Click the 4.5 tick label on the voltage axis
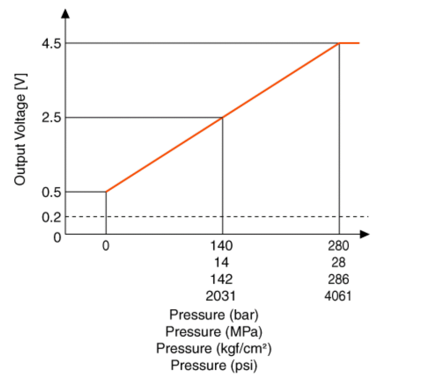[x=51, y=44]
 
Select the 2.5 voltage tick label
[x=51, y=118]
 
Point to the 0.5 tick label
[x=51, y=192]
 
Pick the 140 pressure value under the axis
[x=222, y=246]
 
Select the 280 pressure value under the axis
[x=339, y=246]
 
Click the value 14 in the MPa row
[x=222, y=262]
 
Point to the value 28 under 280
[x=339, y=262]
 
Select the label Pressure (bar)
[x=214, y=315]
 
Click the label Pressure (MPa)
[x=214, y=331]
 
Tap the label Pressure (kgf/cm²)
[x=214, y=348]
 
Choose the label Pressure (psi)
[x=214, y=366]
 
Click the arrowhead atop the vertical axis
[x=66, y=13]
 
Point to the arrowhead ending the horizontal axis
[x=365, y=234]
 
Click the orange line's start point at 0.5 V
[x=106, y=192]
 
